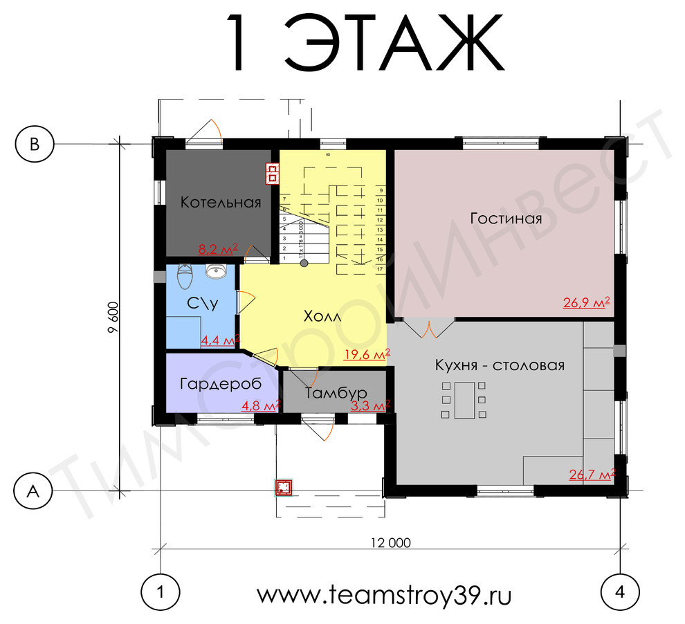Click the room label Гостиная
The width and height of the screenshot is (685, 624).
(505, 219)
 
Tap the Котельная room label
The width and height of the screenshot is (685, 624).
(221, 203)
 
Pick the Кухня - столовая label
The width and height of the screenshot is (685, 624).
(500, 365)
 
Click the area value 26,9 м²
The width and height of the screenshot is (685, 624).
(586, 302)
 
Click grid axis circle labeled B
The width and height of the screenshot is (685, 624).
(34, 143)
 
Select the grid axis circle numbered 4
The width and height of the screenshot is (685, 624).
(620, 592)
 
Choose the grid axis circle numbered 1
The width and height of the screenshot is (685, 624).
(161, 592)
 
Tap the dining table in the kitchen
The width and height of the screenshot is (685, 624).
(460, 400)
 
